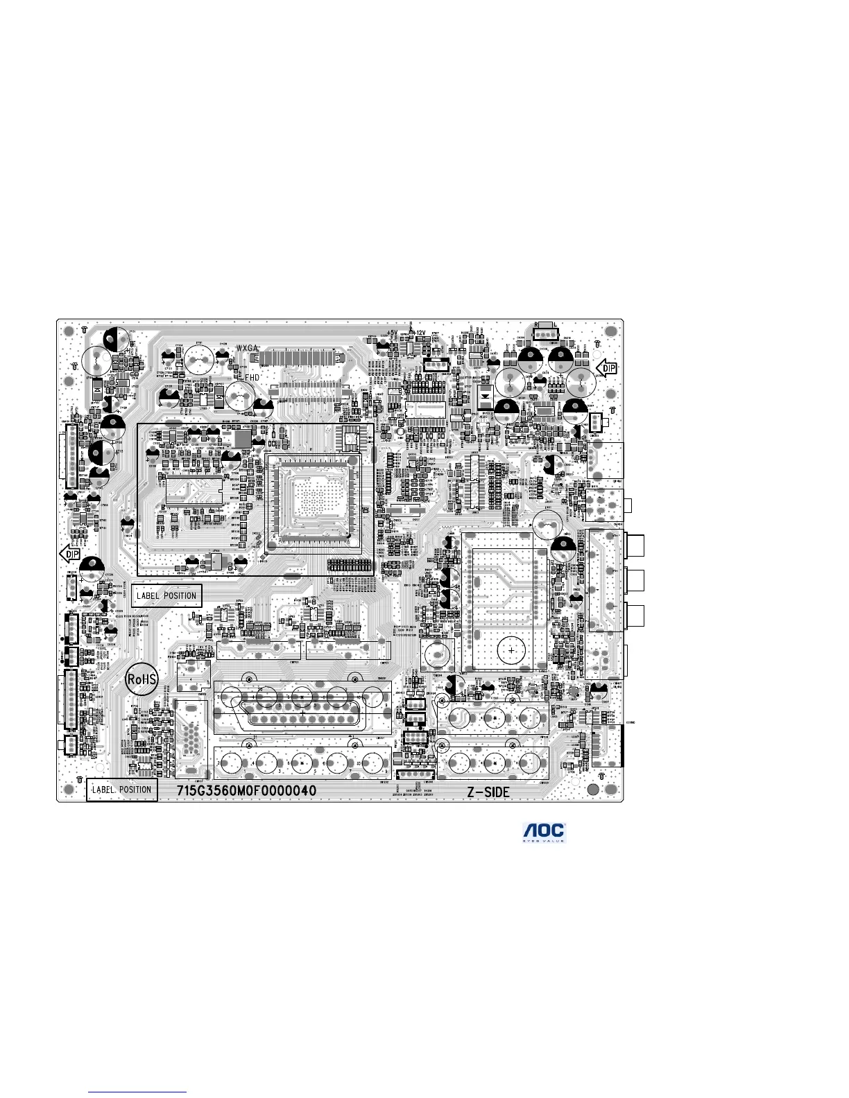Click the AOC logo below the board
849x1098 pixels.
[544, 833]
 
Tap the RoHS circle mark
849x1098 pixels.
[142, 679]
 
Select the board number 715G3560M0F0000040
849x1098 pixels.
[246, 791]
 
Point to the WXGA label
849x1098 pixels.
[248, 347]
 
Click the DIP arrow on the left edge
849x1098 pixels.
[71, 554]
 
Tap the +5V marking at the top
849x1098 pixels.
[392, 333]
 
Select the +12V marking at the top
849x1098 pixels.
[418, 333]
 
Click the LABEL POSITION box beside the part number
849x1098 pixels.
[122, 790]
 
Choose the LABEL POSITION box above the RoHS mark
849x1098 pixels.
[166, 595]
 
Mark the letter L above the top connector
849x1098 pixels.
[555, 325]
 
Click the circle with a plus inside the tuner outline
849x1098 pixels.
[512, 651]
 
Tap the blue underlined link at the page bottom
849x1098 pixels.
[138, 1092]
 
